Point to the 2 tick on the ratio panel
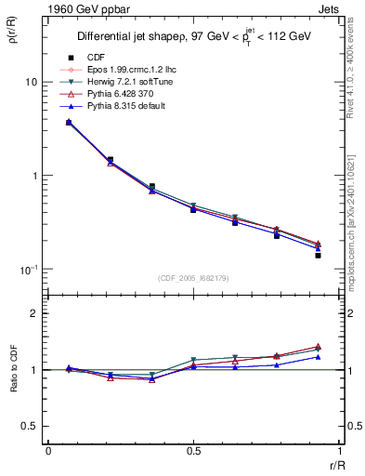33,314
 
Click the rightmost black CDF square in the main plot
318,255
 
